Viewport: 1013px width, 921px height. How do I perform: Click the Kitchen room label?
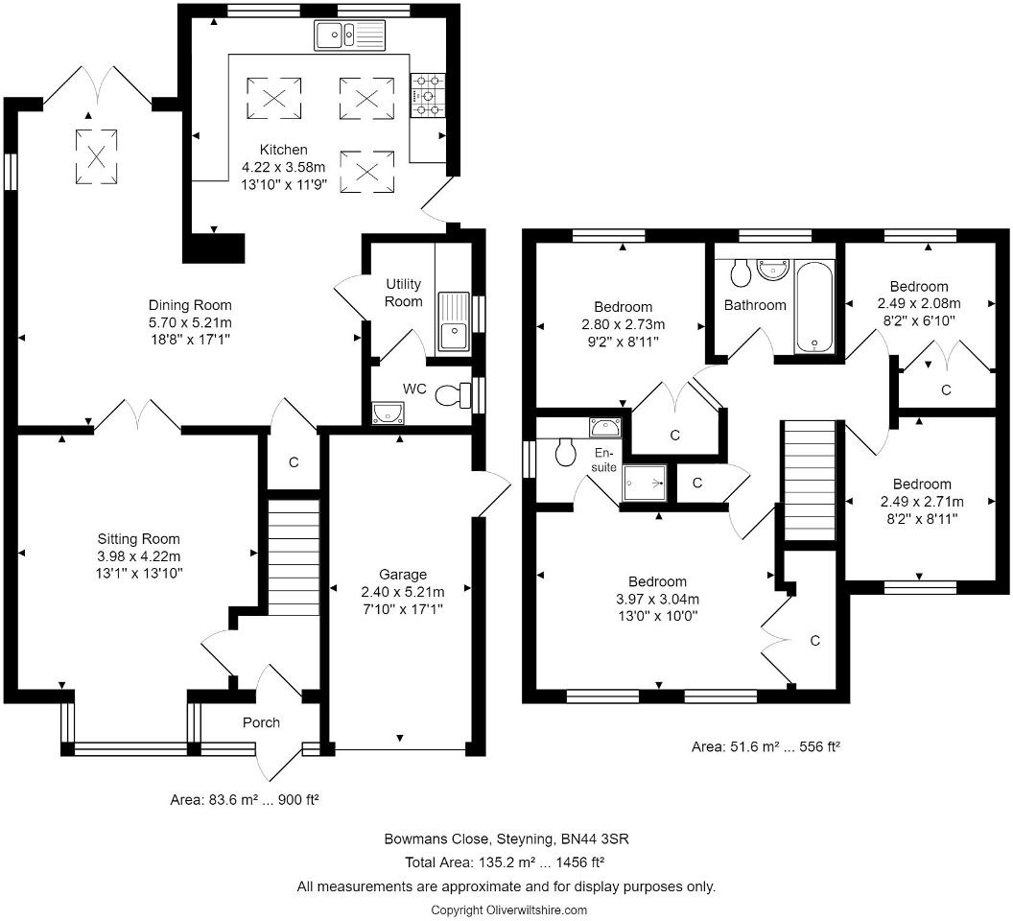coord(284,150)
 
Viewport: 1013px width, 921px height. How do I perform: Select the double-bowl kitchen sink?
coord(349,35)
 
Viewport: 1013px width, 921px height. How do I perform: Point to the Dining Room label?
coord(190,305)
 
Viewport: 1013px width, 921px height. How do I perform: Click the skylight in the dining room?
coord(96,156)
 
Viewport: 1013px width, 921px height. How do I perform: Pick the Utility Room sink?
coord(454,321)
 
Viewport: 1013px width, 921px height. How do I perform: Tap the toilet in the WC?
coord(454,394)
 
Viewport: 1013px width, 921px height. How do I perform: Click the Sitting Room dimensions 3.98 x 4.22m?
coord(139,555)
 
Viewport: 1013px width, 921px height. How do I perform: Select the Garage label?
coord(403,574)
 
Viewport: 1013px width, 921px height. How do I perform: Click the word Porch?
coord(261,722)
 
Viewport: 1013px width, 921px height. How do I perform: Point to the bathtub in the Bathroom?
coord(814,306)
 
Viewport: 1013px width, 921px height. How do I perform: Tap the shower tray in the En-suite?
coord(645,483)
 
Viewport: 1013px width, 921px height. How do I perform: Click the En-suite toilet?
coord(565,451)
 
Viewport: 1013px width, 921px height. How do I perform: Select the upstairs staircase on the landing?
coord(810,481)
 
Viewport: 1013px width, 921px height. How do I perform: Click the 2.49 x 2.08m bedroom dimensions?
coord(919,303)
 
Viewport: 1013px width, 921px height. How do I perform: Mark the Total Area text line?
coord(505,862)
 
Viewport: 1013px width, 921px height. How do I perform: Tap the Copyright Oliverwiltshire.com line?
coord(509,910)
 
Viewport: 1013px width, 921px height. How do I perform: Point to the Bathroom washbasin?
coord(774,270)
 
